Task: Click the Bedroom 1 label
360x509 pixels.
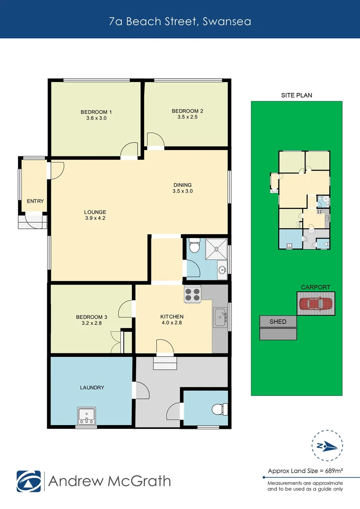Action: pyautogui.click(x=96, y=112)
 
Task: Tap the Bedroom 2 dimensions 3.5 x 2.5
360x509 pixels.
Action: pyautogui.click(x=188, y=117)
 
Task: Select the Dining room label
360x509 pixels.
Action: pyautogui.click(x=183, y=185)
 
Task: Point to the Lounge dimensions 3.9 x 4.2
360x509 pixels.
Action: pyautogui.click(x=95, y=218)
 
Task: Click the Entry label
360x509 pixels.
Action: pyautogui.click(x=35, y=201)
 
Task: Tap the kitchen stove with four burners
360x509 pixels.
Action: pyautogui.click(x=192, y=295)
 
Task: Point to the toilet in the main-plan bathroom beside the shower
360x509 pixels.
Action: pyautogui.click(x=194, y=246)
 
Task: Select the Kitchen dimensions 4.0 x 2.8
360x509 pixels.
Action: pyautogui.click(x=172, y=323)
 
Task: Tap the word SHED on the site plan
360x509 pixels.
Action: pyautogui.click(x=278, y=321)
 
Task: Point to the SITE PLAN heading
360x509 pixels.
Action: pyautogui.click(x=296, y=95)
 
